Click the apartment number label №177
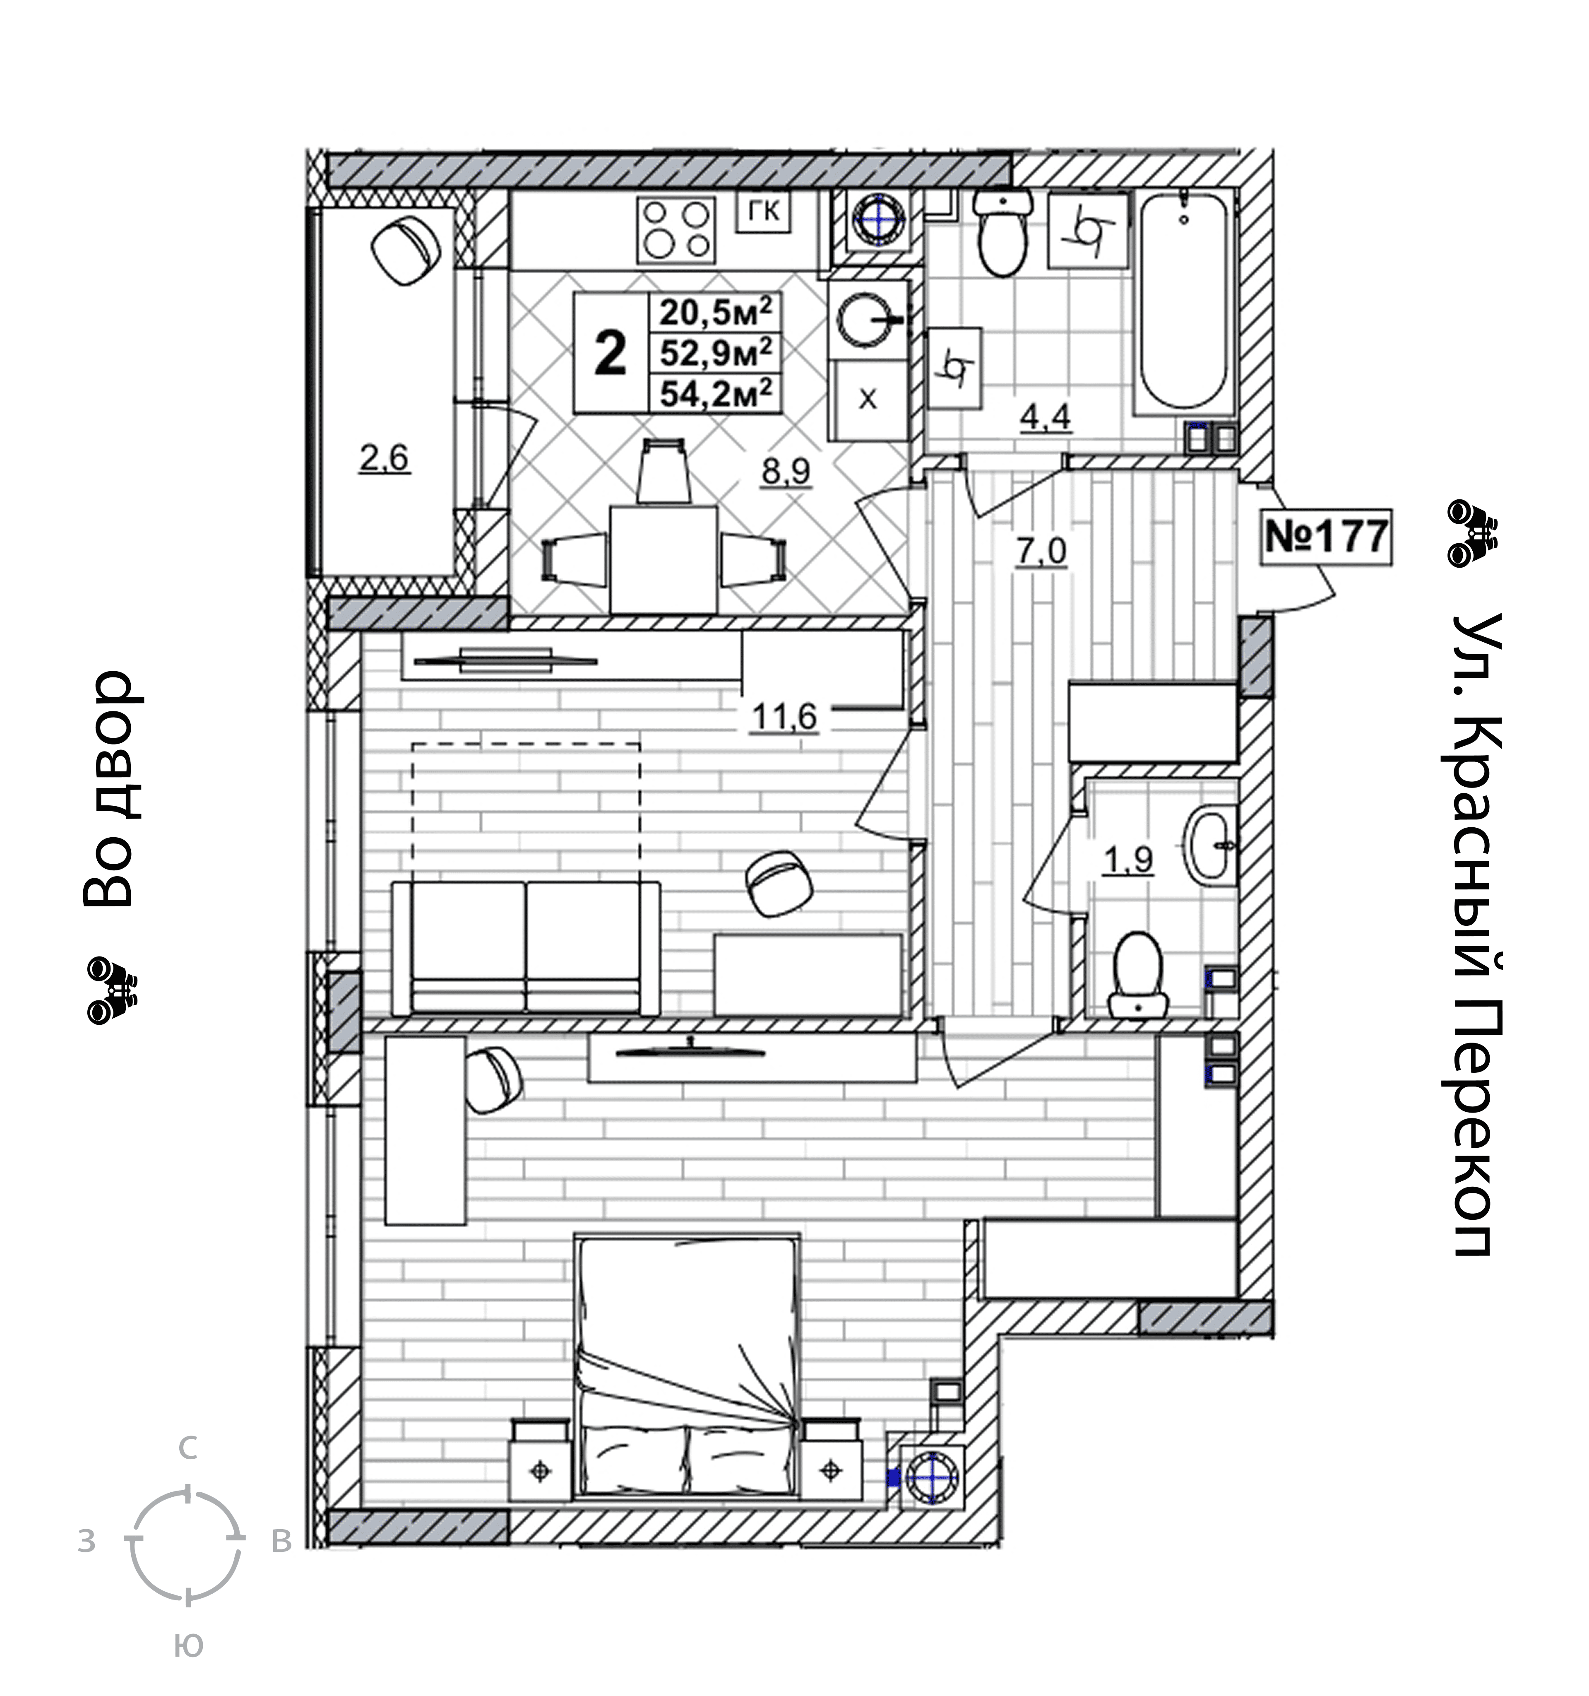pyautogui.click(x=1326, y=537)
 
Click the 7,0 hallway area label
pyautogui.click(x=1041, y=552)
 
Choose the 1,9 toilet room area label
pyautogui.click(x=1128, y=860)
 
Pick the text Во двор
pyautogui.click(x=108, y=788)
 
